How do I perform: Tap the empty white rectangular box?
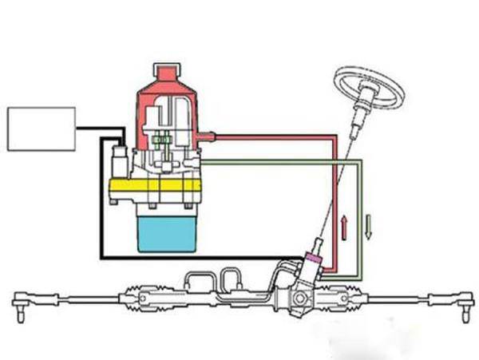pos(41,129)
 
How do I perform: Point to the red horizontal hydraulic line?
pos(271,136)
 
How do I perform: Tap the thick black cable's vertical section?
pos(101,200)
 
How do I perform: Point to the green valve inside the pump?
pos(165,144)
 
